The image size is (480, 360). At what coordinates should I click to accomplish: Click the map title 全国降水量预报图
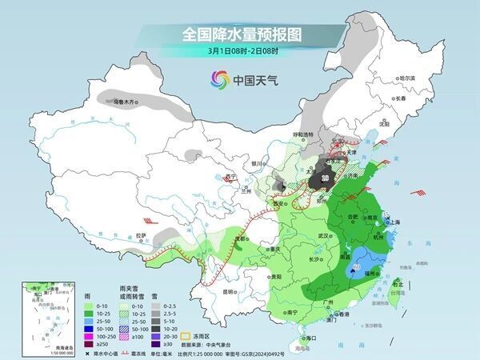240,35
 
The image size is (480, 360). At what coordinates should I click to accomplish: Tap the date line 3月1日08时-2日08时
240,52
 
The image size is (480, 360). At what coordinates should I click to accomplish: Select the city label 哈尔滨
408,78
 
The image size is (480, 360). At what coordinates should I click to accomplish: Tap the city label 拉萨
142,235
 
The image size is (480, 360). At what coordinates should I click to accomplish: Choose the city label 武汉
323,236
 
